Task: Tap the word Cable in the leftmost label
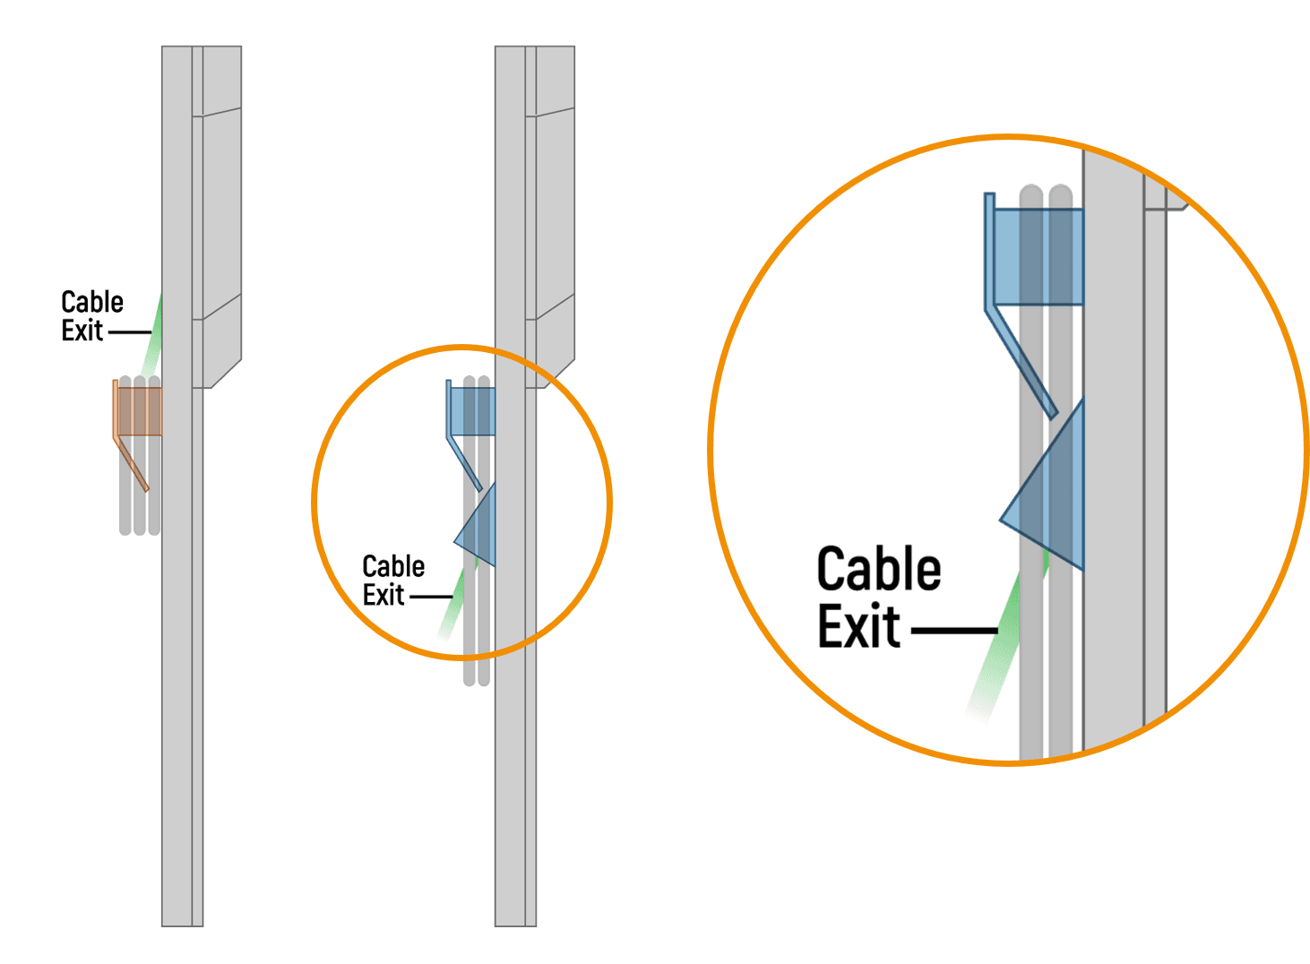click(92, 302)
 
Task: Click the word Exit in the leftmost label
click(82, 331)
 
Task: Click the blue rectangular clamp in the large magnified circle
click(1039, 256)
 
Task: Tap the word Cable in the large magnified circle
click(879, 568)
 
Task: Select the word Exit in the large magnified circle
click(858, 626)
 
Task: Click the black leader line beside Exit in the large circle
click(954, 631)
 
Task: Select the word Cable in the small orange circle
click(393, 566)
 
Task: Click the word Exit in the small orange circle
click(384, 595)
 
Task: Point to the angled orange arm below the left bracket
click(131, 463)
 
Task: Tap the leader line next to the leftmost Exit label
click(130, 332)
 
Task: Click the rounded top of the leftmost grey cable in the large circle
click(1031, 193)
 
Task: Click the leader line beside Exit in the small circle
click(431, 597)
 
